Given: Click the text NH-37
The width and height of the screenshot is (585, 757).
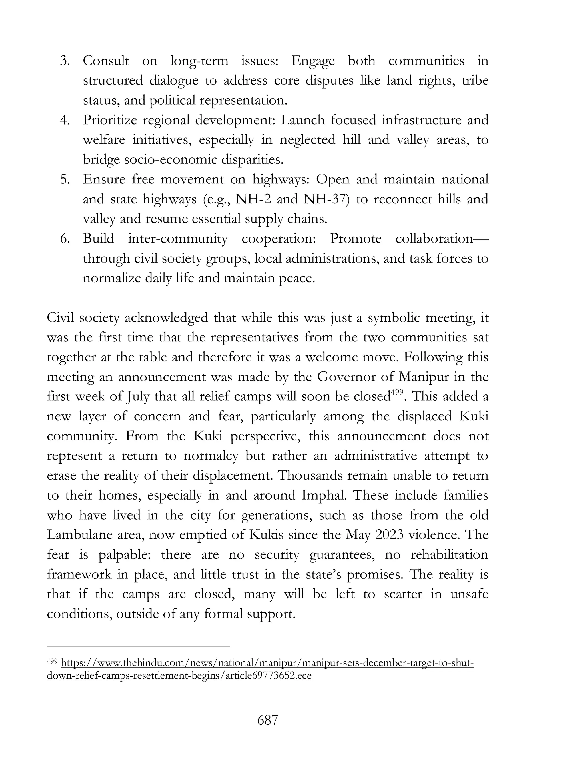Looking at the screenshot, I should [325, 199].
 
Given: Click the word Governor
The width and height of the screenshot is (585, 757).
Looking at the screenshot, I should [346, 377].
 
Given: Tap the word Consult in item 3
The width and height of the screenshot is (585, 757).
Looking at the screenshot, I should [106, 61].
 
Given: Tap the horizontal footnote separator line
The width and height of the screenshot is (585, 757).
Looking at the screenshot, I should [138, 646].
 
